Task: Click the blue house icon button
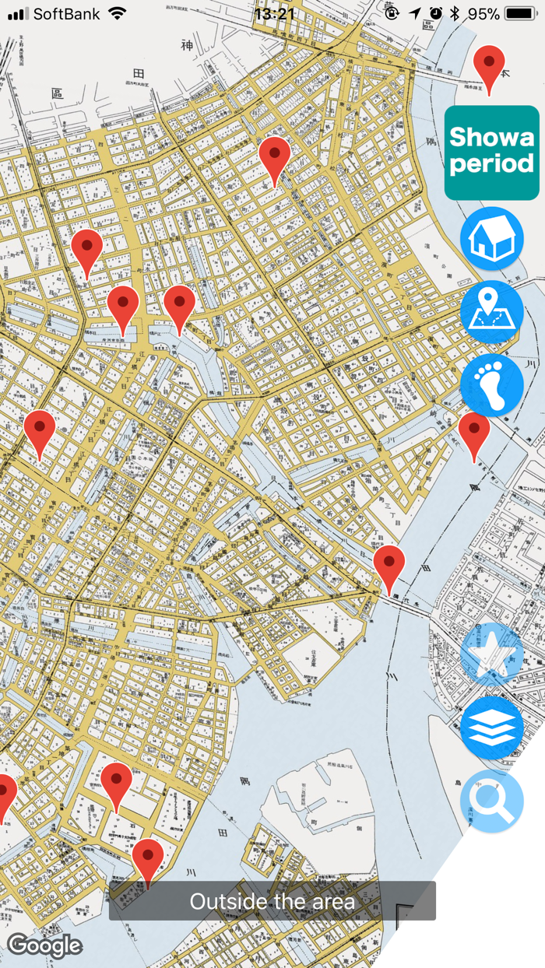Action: point(491,239)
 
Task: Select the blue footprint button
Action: point(491,385)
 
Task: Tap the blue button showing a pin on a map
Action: point(491,312)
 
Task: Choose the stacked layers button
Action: point(491,728)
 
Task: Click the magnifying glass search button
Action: point(491,801)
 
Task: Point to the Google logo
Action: point(44,945)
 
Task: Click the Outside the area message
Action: point(272,902)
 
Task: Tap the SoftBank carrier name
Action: point(67,14)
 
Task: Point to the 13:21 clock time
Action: point(274,14)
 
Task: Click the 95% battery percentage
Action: point(483,14)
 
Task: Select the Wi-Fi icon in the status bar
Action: point(118,14)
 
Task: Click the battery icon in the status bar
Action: point(520,14)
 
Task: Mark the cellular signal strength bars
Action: point(18,14)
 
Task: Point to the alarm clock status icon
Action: point(435,14)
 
